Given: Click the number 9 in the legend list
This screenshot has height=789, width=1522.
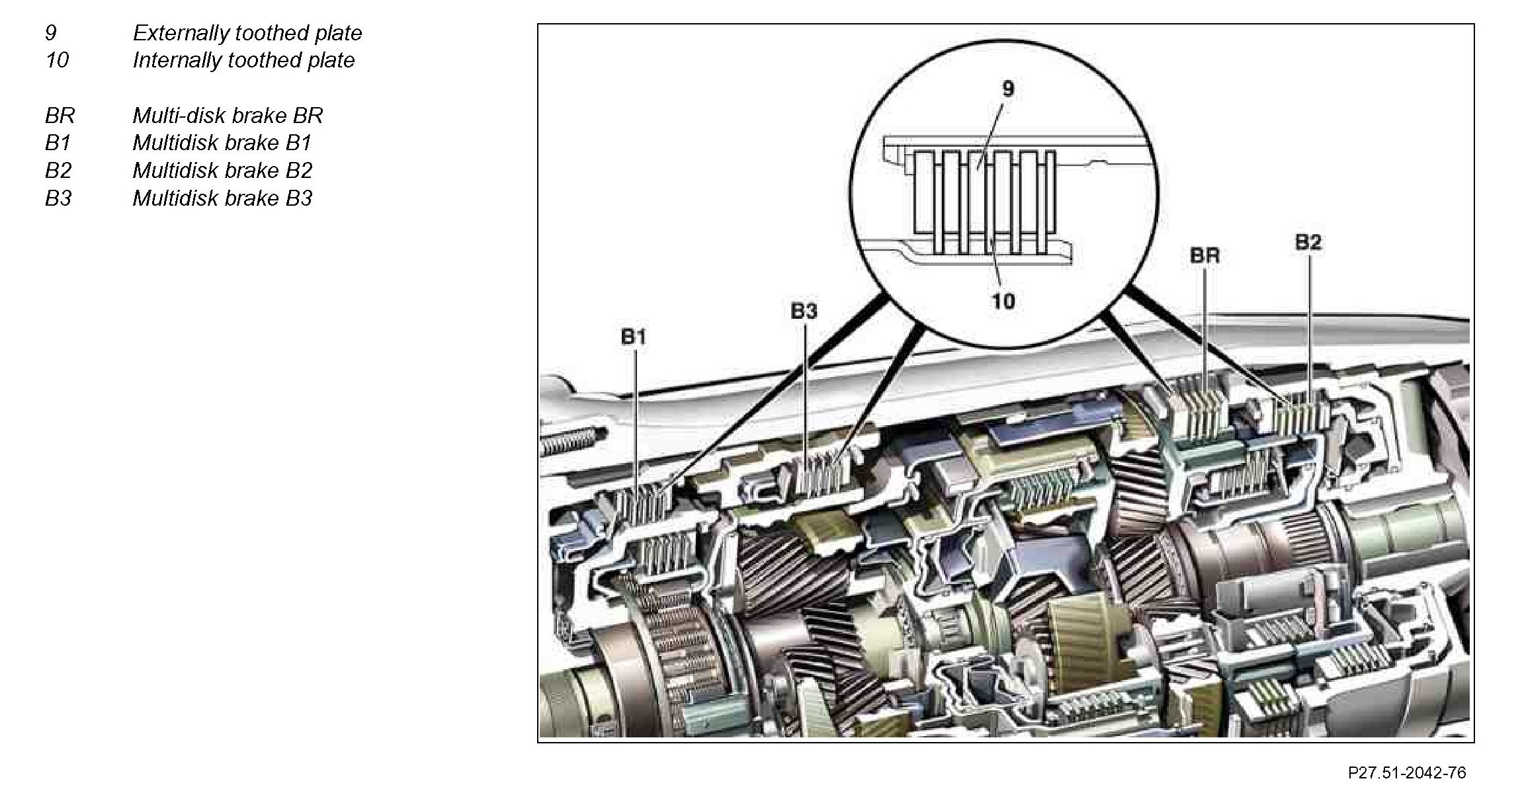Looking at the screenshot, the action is coord(51,33).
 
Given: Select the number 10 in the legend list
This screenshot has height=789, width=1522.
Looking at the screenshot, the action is coord(57,60).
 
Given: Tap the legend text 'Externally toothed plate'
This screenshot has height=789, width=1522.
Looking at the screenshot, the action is coord(247,33).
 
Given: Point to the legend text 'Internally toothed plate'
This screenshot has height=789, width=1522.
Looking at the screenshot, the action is coord(243,60).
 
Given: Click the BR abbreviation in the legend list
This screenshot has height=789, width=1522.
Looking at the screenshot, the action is coord(60,116).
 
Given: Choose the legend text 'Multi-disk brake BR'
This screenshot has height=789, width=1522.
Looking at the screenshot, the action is coord(228,116).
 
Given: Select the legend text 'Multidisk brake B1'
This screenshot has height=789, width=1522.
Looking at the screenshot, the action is coord(222,143).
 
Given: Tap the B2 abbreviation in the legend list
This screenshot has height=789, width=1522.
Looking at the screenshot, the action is coord(58,171).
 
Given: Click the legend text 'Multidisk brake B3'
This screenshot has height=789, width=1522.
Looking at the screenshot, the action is coord(222,198).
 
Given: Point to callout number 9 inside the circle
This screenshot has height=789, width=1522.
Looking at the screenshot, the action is coord(1008,89).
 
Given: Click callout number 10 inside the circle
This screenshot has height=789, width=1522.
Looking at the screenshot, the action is coord(1003,302).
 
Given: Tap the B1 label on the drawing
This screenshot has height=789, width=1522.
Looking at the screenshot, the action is coord(633,337).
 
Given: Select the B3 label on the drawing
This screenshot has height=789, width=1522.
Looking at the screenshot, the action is coord(804,311).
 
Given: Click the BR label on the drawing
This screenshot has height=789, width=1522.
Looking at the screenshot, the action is coord(1205,255).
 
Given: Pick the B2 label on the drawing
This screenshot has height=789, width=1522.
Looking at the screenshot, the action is coord(1308,243).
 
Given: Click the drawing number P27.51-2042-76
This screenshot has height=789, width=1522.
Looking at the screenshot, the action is coord(1407,772).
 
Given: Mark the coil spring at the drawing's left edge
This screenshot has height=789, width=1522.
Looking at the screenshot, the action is coord(570,442).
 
